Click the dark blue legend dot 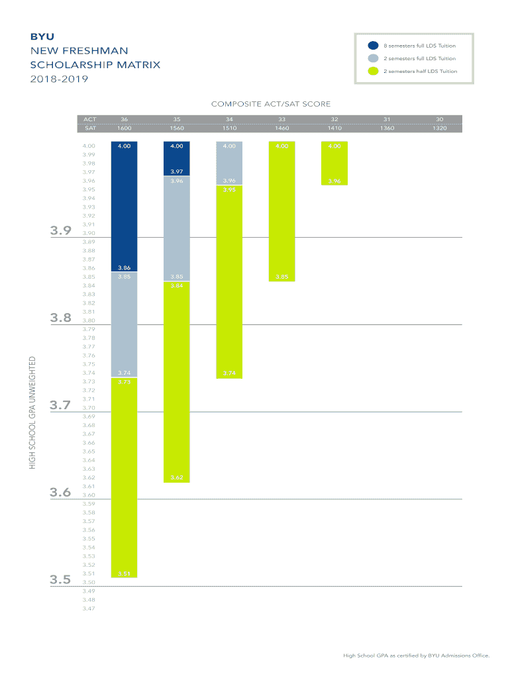coord(374,46)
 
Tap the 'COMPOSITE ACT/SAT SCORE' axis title coord(270,104)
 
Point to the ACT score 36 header coord(124,119)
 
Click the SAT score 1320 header coord(439,128)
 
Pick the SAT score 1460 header coord(281,128)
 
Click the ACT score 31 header coord(387,119)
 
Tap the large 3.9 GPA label coord(60,231)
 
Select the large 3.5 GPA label coord(60,580)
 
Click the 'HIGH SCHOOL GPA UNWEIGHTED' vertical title coord(32,413)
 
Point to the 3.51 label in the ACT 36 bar coord(124,573)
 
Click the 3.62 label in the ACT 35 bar coord(176,477)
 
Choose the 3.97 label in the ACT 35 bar coord(176,171)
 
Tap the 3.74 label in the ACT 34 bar coord(229,373)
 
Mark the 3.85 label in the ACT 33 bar coord(281,277)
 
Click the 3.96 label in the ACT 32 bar coord(334,181)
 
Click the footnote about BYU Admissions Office coord(416,655)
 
